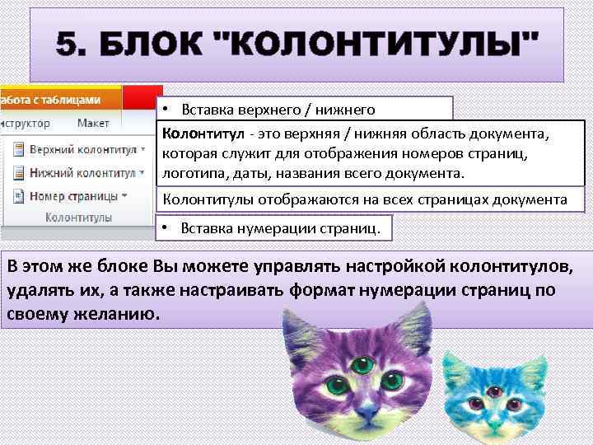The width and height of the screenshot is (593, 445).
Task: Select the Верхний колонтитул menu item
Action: pyautogui.click(x=82, y=151)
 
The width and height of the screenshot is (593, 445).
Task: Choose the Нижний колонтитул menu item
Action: pyautogui.click(x=82, y=173)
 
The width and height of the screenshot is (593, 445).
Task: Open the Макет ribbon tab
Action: pyautogui.click(x=93, y=123)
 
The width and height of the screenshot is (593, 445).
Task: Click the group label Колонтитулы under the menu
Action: pyautogui.click(x=78, y=218)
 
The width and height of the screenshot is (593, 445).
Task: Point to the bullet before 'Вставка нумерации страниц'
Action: pyautogui.click(x=166, y=227)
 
